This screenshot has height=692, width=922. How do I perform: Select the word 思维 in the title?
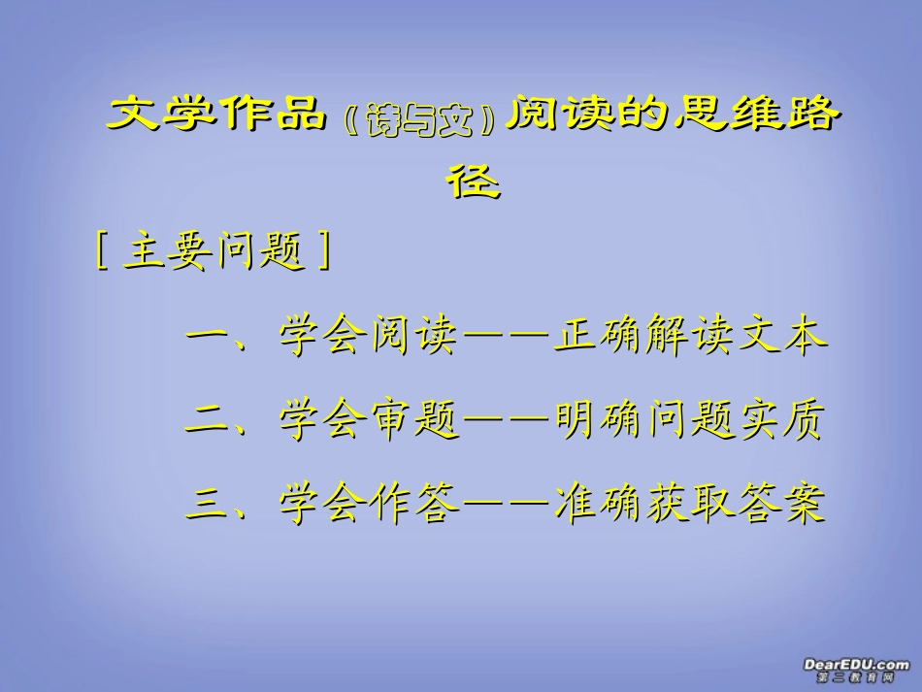(710, 115)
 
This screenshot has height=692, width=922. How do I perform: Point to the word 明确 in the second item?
(598, 422)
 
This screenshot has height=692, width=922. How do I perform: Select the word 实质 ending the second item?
(781, 422)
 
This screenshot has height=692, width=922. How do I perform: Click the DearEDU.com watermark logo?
(856, 669)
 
